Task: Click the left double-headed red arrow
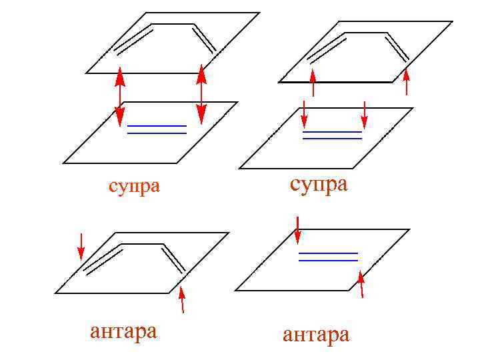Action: coord(120,97)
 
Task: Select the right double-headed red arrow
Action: coord(201,94)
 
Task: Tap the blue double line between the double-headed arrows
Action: coord(157,129)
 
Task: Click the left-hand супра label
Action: coord(134,185)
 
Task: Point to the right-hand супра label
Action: coord(319,183)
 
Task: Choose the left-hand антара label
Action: coord(123,331)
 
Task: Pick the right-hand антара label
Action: coord(316,333)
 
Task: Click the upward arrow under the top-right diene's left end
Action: coord(312,83)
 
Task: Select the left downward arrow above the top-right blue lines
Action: coord(304,113)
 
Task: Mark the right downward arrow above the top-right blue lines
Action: coord(364,113)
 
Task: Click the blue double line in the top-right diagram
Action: coord(332,135)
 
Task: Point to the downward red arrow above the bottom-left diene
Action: coord(81,245)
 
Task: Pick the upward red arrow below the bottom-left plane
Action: coord(181,299)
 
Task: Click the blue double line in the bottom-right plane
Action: coord(328,257)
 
